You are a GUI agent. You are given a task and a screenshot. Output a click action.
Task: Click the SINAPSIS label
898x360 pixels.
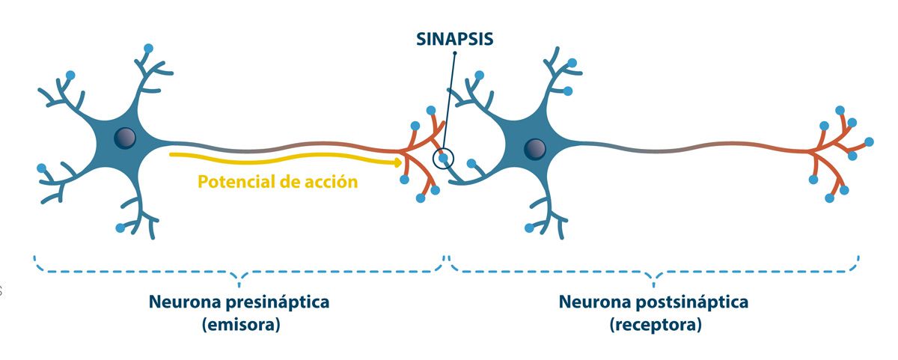click(455, 39)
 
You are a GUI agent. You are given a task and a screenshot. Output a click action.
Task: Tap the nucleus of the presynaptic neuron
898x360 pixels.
click(125, 138)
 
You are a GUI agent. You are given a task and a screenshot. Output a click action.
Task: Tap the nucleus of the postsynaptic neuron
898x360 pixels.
click(534, 148)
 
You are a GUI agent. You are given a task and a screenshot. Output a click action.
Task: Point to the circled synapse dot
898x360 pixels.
click(444, 158)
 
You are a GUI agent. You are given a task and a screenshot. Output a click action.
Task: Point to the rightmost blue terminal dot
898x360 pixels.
click(869, 141)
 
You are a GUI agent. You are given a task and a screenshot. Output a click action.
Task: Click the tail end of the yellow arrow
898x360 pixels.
click(171, 155)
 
